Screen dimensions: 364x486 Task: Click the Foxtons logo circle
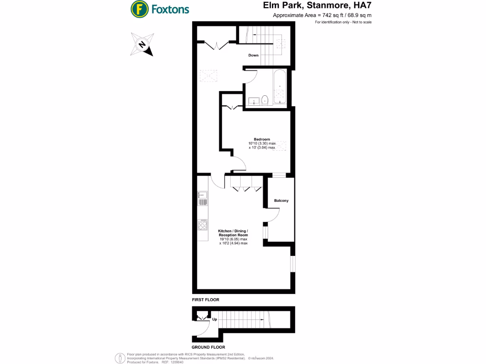coord(139,9)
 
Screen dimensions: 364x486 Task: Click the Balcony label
coord(281,200)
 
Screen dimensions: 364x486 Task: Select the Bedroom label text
coord(262,139)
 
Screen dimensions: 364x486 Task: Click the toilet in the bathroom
coord(265,100)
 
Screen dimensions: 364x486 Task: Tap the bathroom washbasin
coord(253,100)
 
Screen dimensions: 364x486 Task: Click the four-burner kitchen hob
coord(203,225)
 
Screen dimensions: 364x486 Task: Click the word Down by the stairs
coord(254,55)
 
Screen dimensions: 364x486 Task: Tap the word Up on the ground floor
coord(215,319)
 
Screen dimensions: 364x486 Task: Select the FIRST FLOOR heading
coord(206,300)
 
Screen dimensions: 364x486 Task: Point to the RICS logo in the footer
coord(119,358)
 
